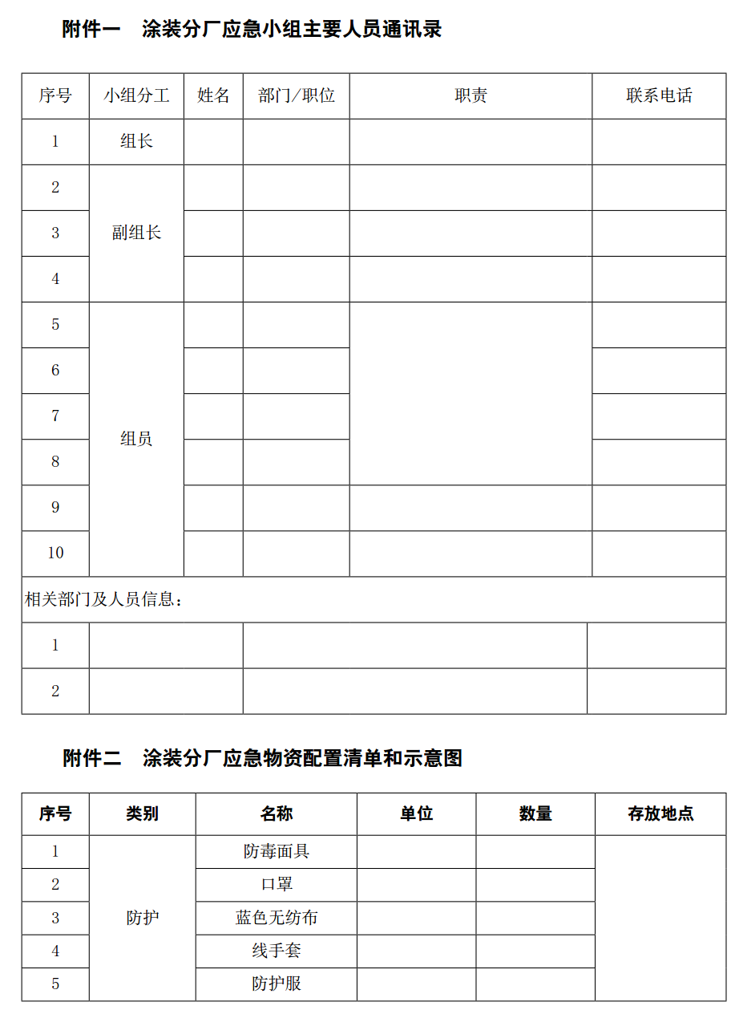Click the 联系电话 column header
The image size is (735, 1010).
(x=659, y=96)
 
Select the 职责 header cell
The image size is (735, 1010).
(x=470, y=96)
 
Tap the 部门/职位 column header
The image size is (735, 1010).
(x=297, y=96)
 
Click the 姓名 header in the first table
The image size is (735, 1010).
(x=213, y=96)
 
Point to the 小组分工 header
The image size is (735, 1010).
(x=136, y=96)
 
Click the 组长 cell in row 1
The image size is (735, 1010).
(x=136, y=142)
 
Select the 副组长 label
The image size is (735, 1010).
(x=136, y=233)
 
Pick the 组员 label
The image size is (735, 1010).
(x=136, y=439)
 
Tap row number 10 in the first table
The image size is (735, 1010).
(x=55, y=554)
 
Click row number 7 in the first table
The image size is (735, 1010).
(x=55, y=416)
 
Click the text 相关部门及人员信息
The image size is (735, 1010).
(x=104, y=600)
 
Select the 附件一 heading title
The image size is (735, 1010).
(x=252, y=30)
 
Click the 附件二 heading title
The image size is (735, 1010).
(x=262, y=758)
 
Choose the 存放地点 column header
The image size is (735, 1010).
(x=660, y=814)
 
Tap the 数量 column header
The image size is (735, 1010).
(x=535, y=814)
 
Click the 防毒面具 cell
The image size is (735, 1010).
(x=277, y=851)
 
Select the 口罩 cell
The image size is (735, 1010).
(x=277, y=884)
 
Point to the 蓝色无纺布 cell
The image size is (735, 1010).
(x=277, y=918)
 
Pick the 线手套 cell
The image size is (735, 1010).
(x=277, y=951)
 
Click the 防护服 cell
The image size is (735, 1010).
(x=277, y=984)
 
